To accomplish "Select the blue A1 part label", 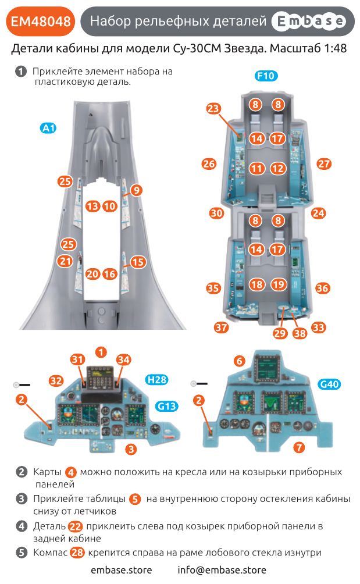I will pos(48,128).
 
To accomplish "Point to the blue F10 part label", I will pos(266,76).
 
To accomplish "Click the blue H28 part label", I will pos(157,380).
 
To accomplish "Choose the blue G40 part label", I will pos(329,384).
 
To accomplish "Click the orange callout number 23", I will pos(214,109).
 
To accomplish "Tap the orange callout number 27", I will pos(324,163).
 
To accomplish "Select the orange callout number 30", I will pos(216,213).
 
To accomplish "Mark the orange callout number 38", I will pos(300,333).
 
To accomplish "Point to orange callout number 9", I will pos(136,190).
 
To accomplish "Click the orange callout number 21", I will pos(65,261).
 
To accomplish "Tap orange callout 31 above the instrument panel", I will pos(78,360).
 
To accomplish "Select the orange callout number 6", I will pos(239,361).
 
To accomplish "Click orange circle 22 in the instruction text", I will pos(75,526).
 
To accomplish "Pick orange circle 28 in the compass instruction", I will pos(77,553).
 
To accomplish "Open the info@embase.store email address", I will pos(222,570).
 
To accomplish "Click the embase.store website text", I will pos(121,570).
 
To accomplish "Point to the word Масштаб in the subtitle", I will pos(289,49).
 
